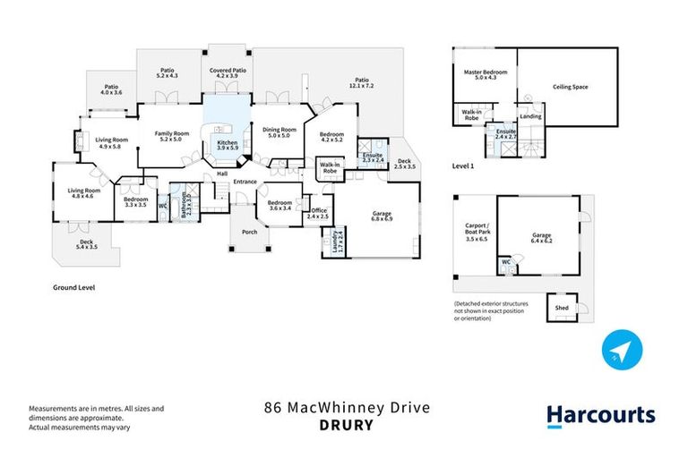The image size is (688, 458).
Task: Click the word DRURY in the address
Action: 346,425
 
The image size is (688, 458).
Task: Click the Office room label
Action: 319,213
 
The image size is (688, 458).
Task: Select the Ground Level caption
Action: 74,288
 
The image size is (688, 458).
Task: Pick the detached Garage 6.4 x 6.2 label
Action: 536,238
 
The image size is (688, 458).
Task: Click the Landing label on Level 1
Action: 530,116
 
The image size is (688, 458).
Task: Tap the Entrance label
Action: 245,182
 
